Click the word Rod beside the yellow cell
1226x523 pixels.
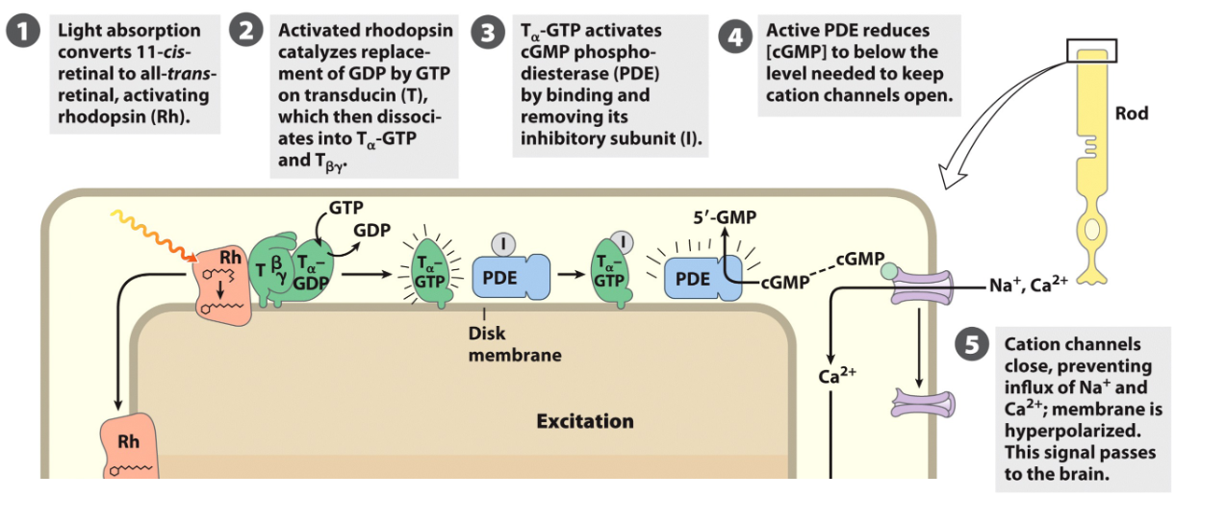[1131, 113]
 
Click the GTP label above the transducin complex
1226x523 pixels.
[345, 207]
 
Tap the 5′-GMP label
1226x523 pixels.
[725, 217]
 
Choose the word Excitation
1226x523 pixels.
[585, 421]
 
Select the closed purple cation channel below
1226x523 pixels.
[922, 402]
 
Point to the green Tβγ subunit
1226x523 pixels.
[271, 271]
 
